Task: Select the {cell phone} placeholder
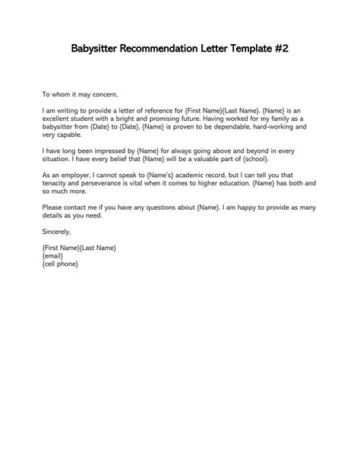pyautogui.click(x=61, y=264)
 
